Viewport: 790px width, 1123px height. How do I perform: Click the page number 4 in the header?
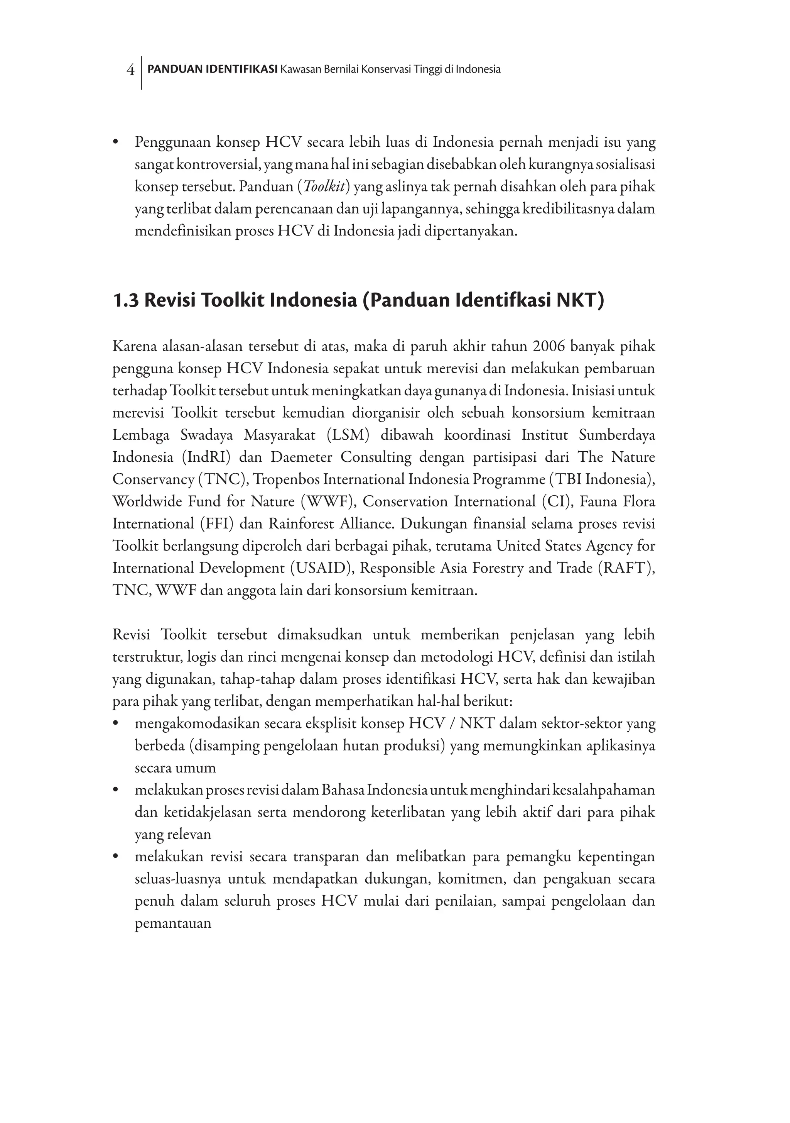click(x=130, y=70)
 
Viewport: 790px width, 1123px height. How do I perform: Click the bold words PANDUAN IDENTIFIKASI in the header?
click(x=213, y=69)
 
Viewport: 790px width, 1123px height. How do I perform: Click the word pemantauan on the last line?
click(x=173, y=923)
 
